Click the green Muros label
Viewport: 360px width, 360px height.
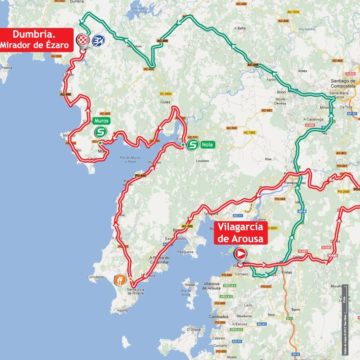coord(102,120)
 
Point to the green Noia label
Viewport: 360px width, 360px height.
coord(208,144)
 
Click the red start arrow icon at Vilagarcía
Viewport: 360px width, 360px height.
coord(241,255)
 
